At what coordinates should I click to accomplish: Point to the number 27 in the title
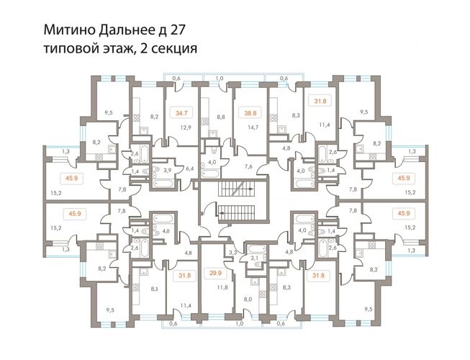tap(177, 30)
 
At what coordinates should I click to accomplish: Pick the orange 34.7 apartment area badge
tap(181, 113)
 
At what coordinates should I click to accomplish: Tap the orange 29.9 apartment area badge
tap(214, 274)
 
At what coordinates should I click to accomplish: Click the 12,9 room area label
tap(186, 127)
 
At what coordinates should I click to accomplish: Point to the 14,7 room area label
tap(253, 127)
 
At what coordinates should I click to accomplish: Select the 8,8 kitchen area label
tap(221, 117)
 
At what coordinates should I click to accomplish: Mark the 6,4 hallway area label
tap(190, 168)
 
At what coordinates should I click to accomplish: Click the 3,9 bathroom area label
tap(167, 170)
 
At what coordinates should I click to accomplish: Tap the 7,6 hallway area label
tap(248, 166)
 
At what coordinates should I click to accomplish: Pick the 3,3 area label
tap(233, 253)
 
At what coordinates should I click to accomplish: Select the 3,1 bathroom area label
tap(254, 258)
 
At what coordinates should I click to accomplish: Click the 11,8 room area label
tap(222, 287)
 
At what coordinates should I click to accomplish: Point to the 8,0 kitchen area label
tap(248, 299)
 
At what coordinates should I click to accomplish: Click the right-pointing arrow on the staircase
tap(250, 189)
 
